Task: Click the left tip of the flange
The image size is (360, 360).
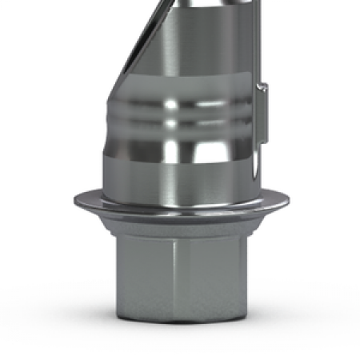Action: coord(74,200)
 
